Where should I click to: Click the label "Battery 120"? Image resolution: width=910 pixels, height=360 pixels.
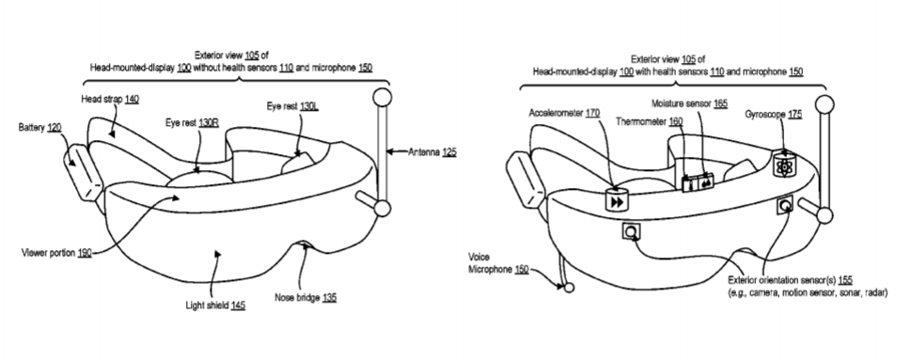40,127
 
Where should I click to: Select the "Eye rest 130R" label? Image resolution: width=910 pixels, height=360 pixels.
192,123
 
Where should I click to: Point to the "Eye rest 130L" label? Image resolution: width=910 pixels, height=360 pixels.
292,106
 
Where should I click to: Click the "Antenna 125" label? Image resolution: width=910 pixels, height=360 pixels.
432,152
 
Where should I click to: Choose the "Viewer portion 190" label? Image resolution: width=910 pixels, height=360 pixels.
56,253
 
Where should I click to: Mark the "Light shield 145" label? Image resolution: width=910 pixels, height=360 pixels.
215,305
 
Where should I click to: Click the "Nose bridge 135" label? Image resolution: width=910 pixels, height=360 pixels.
306,297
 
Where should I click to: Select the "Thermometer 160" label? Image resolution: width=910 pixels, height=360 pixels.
650,122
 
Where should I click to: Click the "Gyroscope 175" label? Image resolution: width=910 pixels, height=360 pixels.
774,115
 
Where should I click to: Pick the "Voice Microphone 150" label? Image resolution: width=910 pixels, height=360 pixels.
498,263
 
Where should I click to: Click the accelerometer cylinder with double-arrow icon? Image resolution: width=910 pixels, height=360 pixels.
617,199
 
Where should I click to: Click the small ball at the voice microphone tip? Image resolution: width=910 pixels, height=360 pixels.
569,287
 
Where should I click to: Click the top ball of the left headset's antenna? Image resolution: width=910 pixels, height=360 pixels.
382,97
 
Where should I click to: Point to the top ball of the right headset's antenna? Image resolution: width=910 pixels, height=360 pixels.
824,104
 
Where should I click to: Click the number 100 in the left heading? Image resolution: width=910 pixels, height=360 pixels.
183,68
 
